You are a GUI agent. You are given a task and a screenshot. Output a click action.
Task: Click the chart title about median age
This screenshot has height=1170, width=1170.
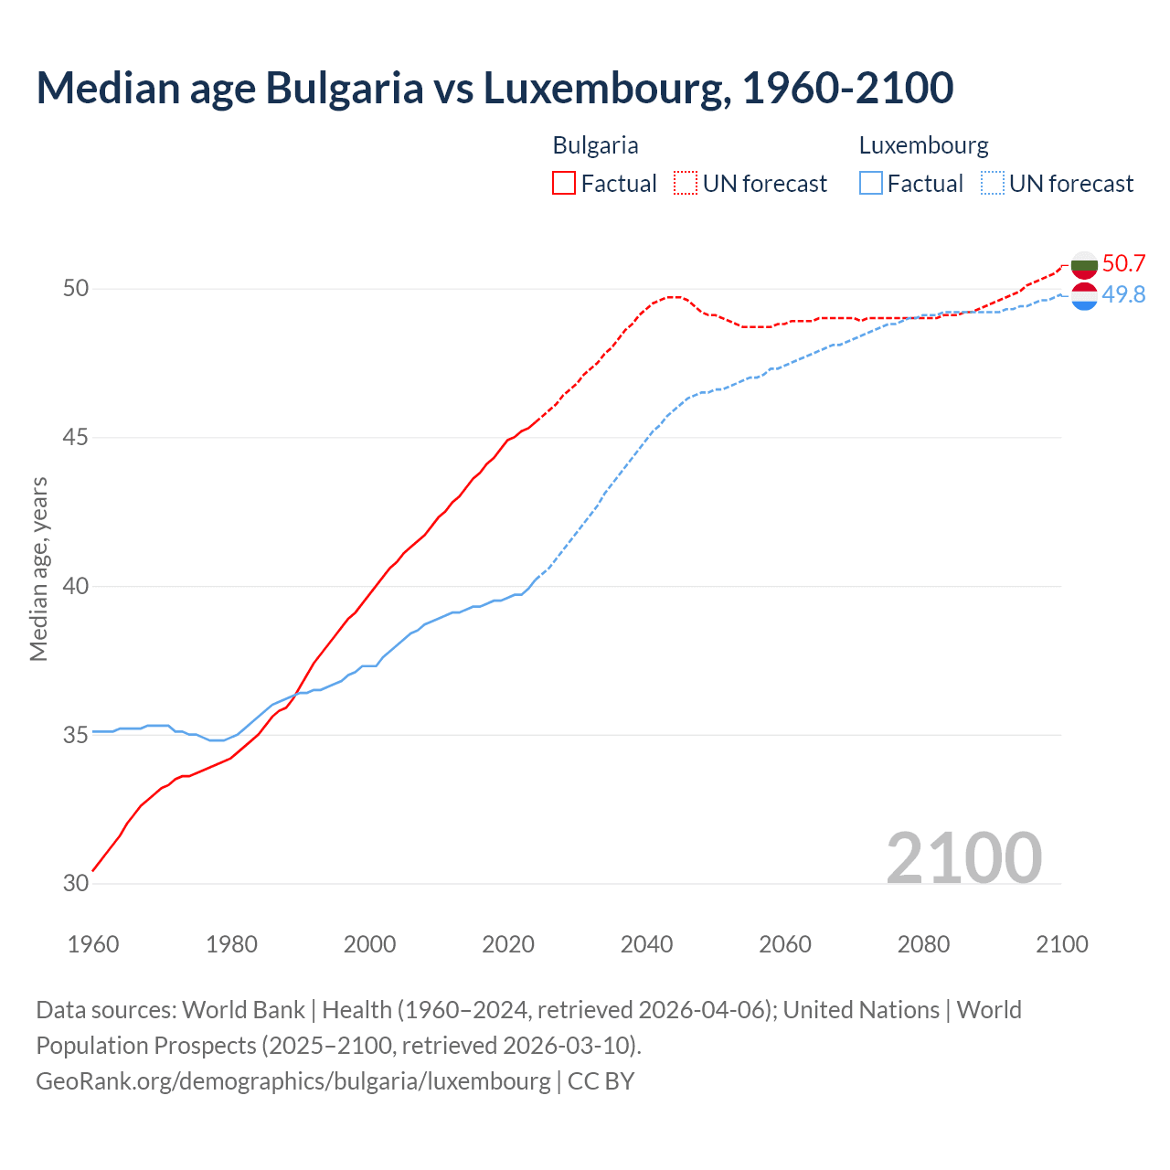point(495,89)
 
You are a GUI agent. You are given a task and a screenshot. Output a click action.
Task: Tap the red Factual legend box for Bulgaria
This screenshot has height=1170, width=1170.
point(564,184)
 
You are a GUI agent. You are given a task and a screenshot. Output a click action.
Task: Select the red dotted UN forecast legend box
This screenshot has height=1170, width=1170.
point(686,184)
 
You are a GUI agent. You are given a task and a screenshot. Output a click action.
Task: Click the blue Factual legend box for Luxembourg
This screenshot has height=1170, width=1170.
point(871,184)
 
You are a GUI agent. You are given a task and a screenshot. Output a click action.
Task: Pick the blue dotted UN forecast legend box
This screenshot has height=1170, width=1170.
point(993,184)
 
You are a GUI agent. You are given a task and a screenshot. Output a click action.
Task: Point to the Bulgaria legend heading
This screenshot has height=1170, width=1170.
point(595,145)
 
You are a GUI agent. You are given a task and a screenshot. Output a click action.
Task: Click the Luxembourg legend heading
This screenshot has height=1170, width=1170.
point(923,145)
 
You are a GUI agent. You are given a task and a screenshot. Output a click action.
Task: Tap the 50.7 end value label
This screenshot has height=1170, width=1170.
point(1123,263)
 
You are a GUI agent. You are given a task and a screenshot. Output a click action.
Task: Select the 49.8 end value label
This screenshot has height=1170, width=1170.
point(1123,294)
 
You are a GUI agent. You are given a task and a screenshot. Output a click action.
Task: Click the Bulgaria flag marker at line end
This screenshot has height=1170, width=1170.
point(1084,264)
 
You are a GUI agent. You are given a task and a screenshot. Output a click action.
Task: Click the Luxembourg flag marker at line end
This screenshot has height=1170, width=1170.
point(1084,296)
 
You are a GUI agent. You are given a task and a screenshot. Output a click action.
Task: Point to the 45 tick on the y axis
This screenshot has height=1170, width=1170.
point(76,437)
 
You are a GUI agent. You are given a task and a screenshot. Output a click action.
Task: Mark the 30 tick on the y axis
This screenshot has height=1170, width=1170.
point(76,883)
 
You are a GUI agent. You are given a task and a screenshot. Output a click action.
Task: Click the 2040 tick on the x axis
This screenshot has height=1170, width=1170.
point(646,944)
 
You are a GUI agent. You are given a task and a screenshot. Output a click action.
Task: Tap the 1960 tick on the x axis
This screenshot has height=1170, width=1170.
point(93,944)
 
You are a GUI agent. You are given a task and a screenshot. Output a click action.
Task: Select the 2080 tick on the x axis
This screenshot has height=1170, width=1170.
point(923,944)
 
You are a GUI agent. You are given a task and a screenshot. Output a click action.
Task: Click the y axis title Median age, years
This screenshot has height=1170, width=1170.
point(38,569)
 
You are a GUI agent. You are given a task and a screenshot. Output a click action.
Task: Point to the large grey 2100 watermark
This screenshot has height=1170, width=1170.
point(963,857)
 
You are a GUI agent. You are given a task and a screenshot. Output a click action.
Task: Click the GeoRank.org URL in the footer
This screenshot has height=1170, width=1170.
point(293,1080)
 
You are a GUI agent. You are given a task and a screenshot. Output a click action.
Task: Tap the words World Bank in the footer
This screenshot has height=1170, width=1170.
point(243,1010)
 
